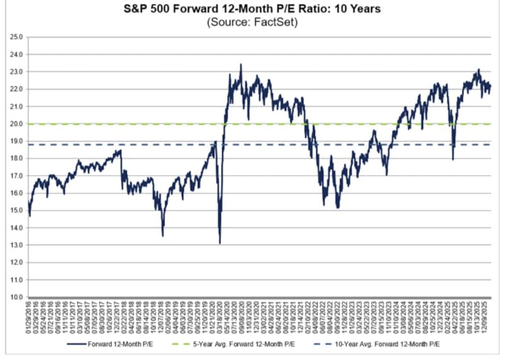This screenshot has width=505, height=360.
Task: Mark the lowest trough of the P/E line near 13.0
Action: point(220,243)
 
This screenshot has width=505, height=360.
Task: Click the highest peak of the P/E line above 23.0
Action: point(241,64)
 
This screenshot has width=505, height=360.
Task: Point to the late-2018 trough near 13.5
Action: point(163,236)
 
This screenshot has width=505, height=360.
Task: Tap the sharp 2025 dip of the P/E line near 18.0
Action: point(453,159)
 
